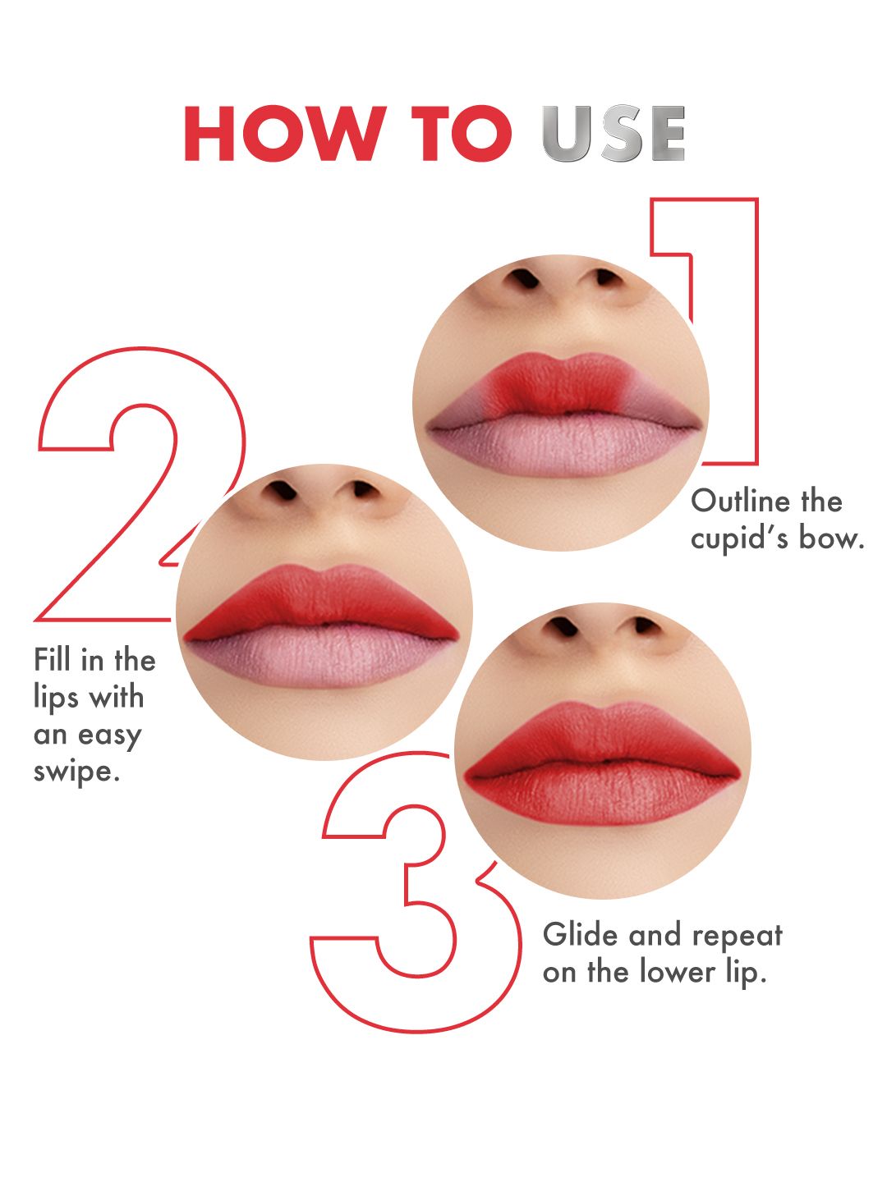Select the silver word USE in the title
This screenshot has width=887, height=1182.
coord(614,133)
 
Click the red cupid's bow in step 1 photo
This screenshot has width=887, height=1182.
coord(558,383)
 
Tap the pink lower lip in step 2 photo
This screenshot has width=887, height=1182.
coord(321,657)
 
